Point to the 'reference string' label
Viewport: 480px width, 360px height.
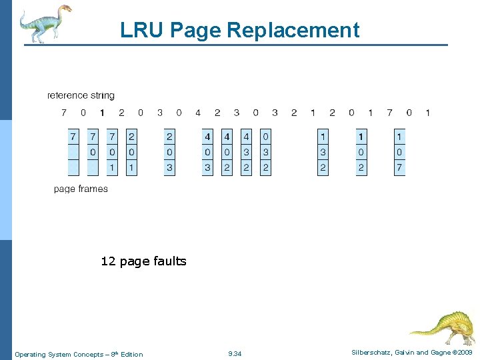coord(81,95)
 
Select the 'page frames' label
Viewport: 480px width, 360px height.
coord(81,189)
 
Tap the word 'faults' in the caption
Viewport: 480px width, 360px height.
coord(171,261)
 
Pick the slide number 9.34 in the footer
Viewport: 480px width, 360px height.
coord(235,353)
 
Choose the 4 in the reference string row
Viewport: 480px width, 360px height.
coord(198,113)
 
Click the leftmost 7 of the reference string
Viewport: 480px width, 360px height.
coord(64,113)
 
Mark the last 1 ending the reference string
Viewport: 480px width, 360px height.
coord(428,113)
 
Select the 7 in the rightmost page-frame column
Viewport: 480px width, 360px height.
coord(399,168)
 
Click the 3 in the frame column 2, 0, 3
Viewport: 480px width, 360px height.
coord(169,168)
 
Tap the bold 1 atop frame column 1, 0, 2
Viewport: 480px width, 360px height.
coord(361,137)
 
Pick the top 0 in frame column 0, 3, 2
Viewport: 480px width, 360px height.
coord(265,137)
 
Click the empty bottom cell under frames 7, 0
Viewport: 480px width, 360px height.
coord(93,168)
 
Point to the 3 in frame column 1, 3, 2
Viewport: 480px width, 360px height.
coord(323,153)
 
